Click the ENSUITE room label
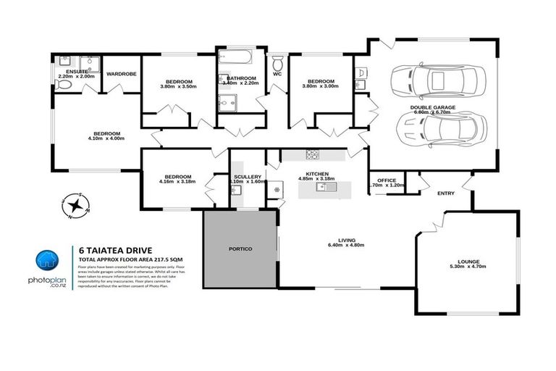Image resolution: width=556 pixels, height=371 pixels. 76,72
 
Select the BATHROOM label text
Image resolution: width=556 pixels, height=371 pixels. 241,78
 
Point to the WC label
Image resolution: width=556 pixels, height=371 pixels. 277,73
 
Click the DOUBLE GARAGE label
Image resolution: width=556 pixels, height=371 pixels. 433,107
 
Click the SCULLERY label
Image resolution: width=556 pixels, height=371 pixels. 246,177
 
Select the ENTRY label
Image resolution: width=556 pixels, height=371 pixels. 446,193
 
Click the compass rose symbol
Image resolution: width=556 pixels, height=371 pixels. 73,206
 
